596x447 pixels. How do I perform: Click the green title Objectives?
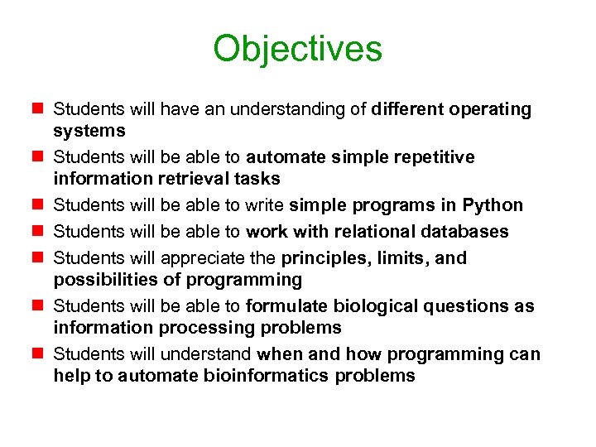[297, 49]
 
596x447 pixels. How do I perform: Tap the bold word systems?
[89, 131]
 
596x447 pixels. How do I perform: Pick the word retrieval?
[198, 179]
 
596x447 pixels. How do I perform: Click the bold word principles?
[327, 258]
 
